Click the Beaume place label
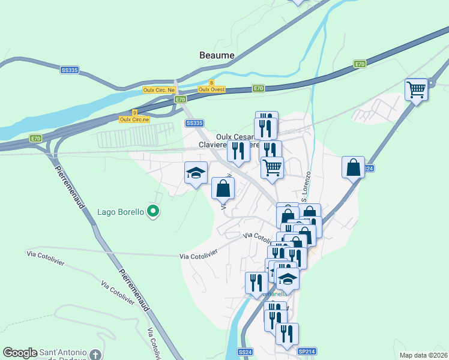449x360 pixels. coord(217,55)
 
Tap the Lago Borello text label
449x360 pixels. coord(121,212)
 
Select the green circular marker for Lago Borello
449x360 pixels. coord(153,211)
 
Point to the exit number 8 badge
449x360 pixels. coord(211,83)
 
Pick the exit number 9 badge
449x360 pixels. coord(134,112)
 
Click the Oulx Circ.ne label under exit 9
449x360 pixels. coord(134,119)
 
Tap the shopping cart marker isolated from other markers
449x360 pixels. coord(416,90)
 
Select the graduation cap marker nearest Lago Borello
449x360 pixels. coord(196,173)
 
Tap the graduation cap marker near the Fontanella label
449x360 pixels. coord(288,278)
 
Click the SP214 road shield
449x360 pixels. coord(306,352)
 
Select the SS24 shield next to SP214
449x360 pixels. coord(244,352)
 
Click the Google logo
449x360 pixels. coord(20,353)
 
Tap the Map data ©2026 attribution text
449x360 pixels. coord(423,355)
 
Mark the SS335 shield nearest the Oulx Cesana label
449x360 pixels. coord(194,123)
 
